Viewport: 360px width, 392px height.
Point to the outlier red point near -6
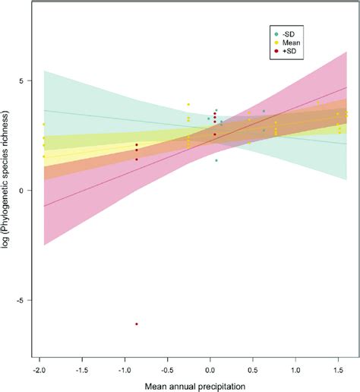tap(137, 324)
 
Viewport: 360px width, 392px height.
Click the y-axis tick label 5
tap(22, 81)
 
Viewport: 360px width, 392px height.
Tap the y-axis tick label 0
tap(22, 190)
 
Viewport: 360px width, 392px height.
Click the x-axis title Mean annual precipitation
tap(191, 385)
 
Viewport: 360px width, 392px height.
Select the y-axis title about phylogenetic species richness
tap(7, 190)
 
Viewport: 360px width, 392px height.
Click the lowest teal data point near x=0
tap(216, 160)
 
